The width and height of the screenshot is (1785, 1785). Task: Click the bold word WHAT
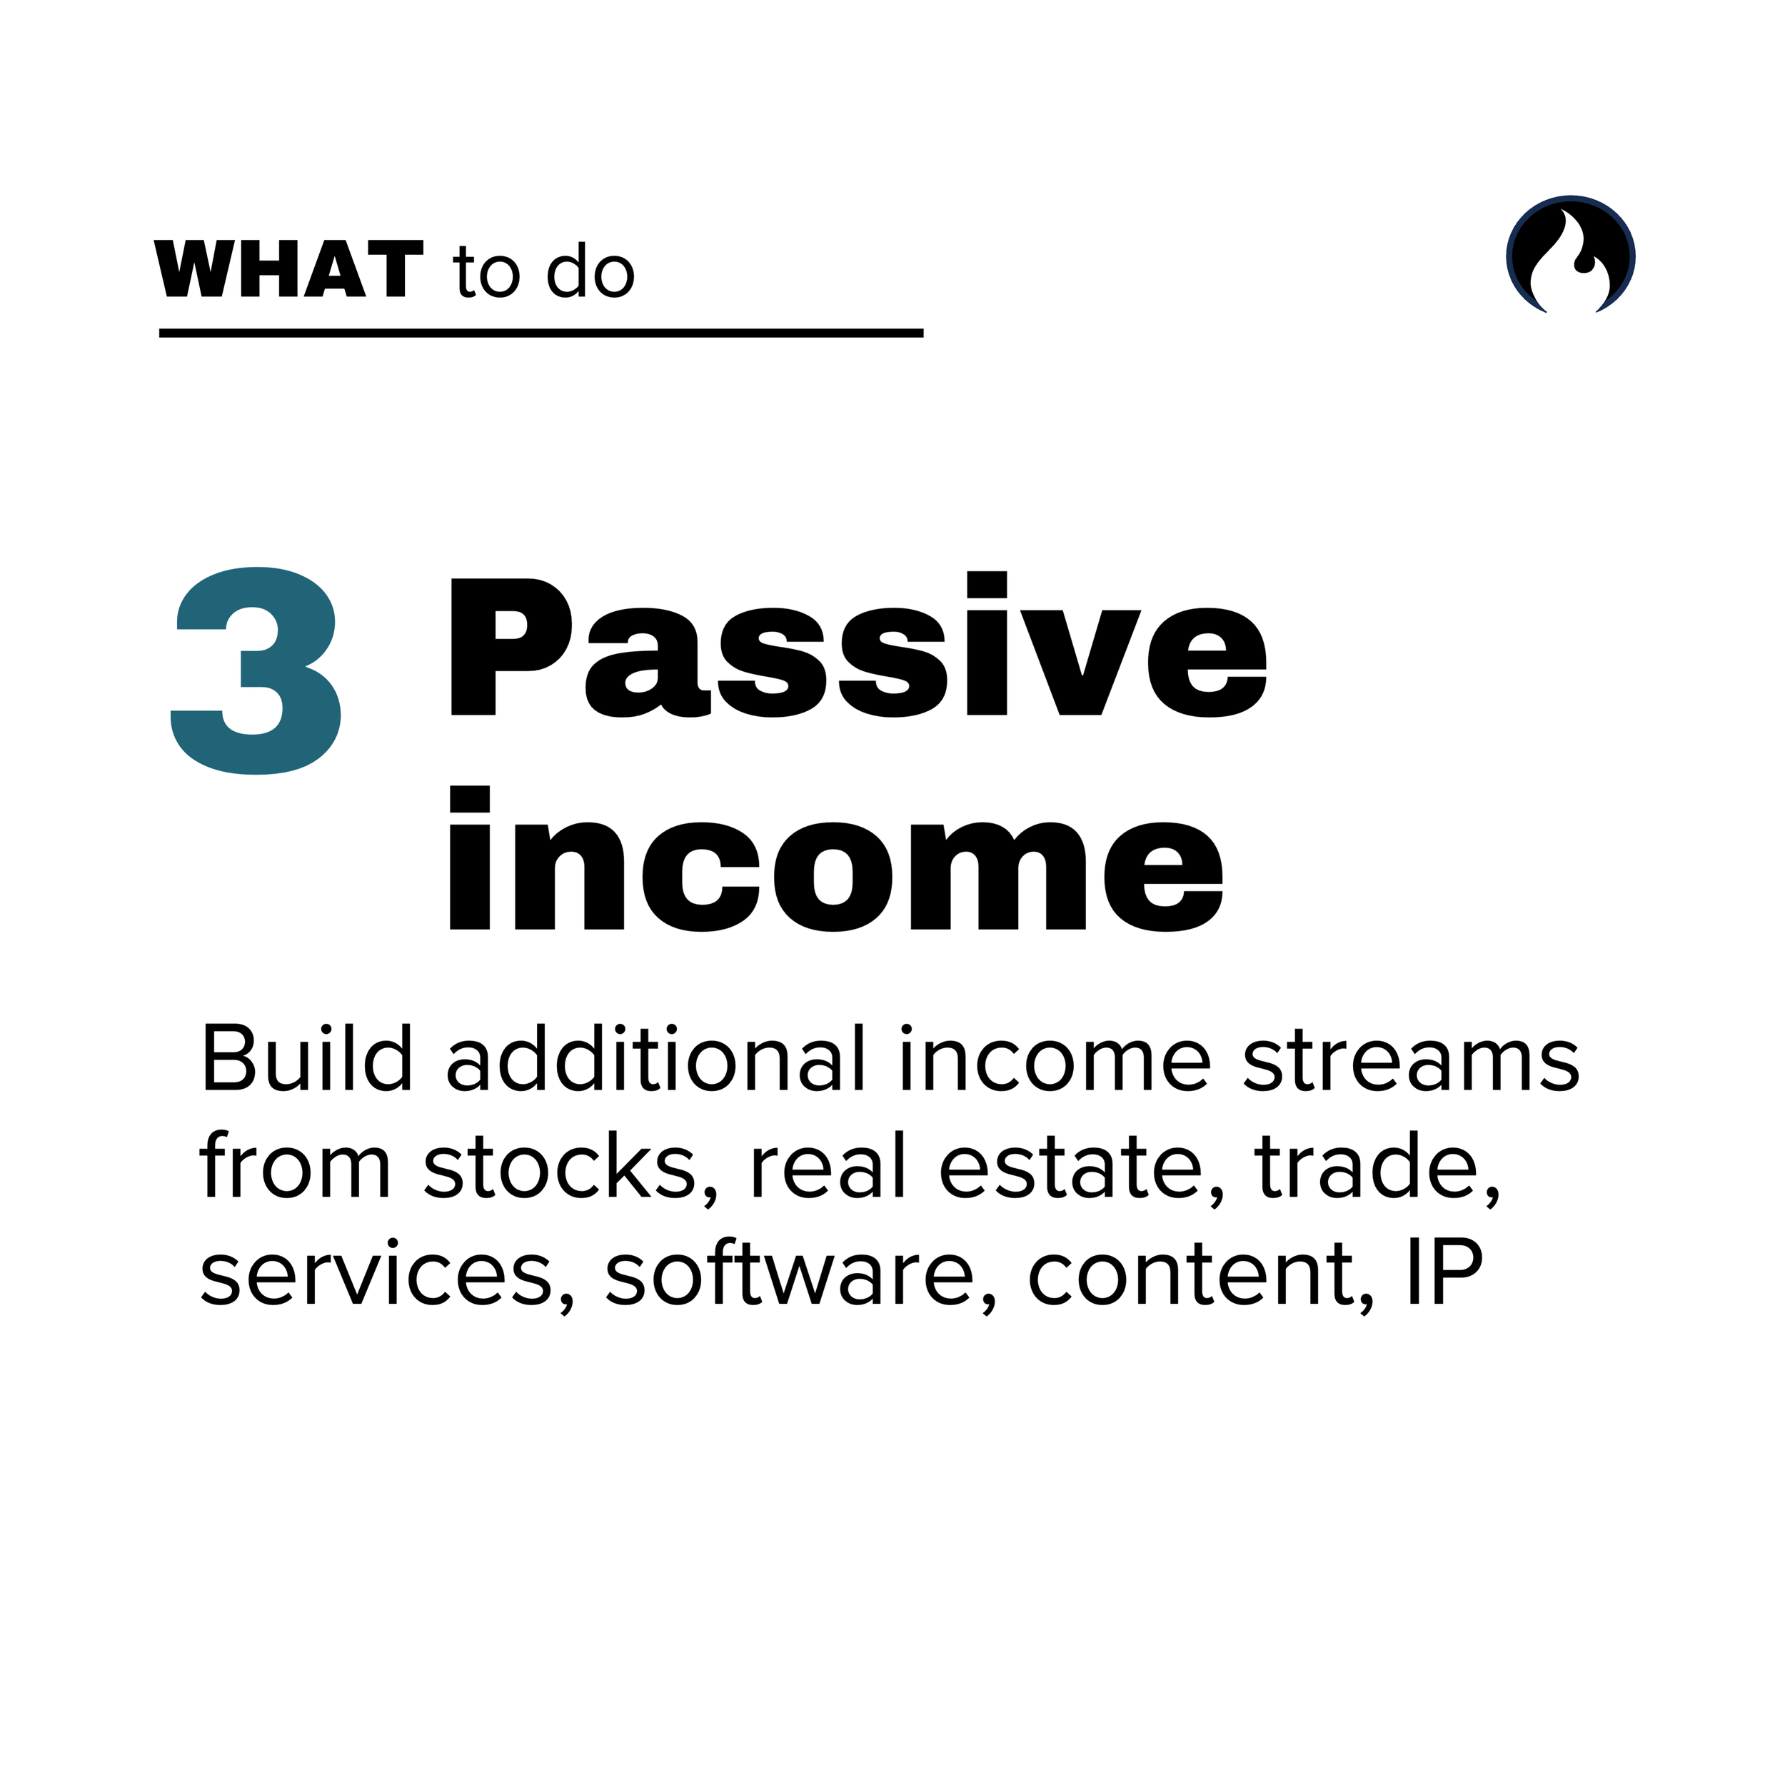point(288,269)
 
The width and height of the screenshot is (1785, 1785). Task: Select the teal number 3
point(256,670)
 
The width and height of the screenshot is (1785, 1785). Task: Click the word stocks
point(559,1165)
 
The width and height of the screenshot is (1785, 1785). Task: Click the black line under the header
point(540,333)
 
